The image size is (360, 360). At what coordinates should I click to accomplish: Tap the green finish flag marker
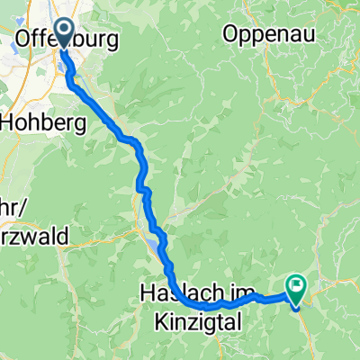296,287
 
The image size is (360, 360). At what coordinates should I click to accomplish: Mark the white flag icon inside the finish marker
296,285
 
